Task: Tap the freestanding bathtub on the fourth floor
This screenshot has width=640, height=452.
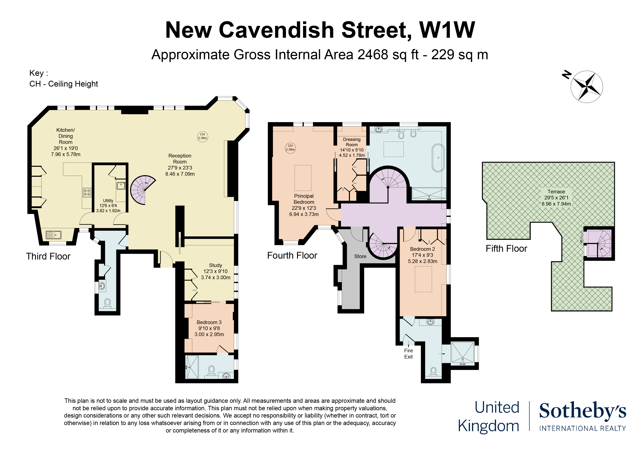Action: [438, 158]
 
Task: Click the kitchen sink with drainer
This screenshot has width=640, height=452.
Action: [53, 235]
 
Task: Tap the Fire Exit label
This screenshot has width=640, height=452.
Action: [408, 354]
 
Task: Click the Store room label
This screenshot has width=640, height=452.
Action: [360, 256]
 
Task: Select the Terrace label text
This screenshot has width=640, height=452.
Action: [556, 192]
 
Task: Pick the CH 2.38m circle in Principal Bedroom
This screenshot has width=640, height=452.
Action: [290, 148]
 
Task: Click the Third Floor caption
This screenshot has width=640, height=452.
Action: [48, 256]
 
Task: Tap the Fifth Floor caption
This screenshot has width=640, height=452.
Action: [506, 248]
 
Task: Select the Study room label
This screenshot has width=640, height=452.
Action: [215, 265]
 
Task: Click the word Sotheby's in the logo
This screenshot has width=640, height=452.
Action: [583, 411]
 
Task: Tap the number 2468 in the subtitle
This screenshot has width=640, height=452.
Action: [373, 54]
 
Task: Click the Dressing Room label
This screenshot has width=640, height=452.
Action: [352, 142]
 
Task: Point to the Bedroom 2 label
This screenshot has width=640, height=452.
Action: [422, 249]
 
